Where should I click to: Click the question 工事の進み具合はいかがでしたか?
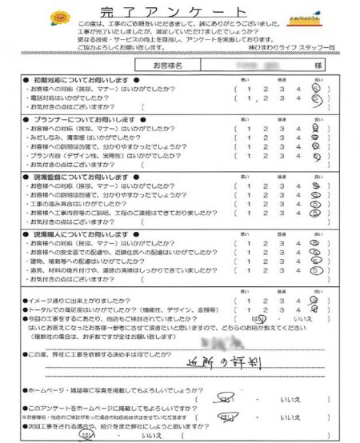click(97, 204)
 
